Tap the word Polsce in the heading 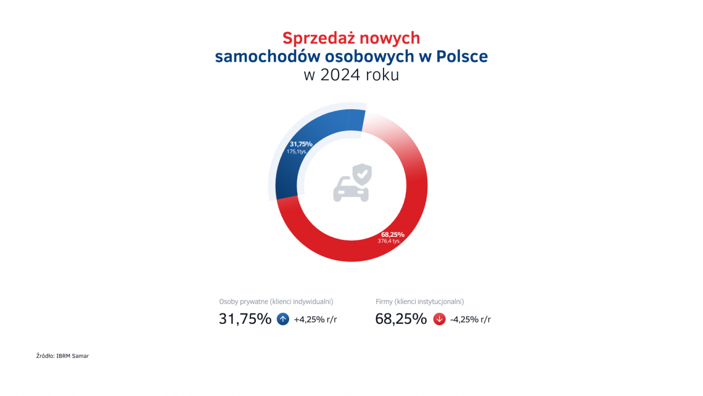(462, 57)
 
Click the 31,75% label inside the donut (301, 144)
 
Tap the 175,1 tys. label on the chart (297, 151)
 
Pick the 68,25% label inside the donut (392, 234)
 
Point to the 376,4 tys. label (389, 241)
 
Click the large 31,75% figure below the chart (245, 319)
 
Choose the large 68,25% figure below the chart (401, 319)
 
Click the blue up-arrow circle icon (283, 319)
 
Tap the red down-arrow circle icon (439, 319)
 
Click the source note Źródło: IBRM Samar (62, 356)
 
